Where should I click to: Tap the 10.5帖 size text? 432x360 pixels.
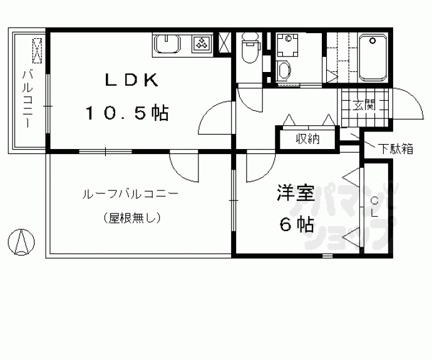tap(127, 113)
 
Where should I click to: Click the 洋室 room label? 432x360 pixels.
tap(296, 194)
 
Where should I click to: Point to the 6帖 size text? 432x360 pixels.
tap(296, 225)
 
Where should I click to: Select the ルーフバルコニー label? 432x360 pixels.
tap(130, 194)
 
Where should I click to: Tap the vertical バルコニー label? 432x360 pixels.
tap(28, 98)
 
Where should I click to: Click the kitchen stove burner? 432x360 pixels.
tap(202, 43)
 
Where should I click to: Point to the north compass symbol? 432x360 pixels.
tap(22, 241)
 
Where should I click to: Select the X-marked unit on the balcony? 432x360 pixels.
tap(38, 50)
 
